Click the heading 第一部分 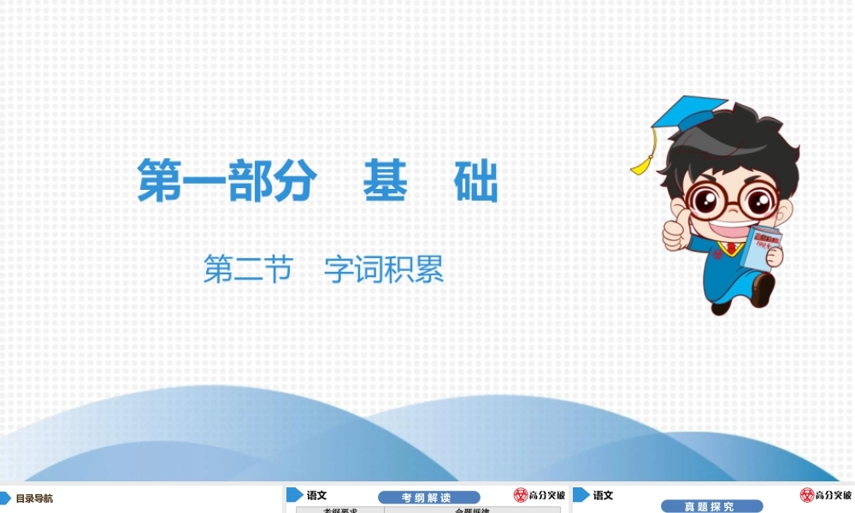pos(227,180)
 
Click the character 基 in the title pos(385,180)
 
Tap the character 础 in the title pos(475,180)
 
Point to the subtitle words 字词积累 pos(384,270)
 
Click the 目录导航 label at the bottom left pos(34,498)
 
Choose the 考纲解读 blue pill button pos(429,498)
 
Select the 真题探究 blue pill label pos(711,506)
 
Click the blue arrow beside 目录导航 pos(5,498)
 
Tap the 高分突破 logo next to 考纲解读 pos(540,495)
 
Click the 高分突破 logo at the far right pos(825,495)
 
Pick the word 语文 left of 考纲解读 pos(317,495)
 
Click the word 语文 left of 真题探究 pos(603,495)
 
